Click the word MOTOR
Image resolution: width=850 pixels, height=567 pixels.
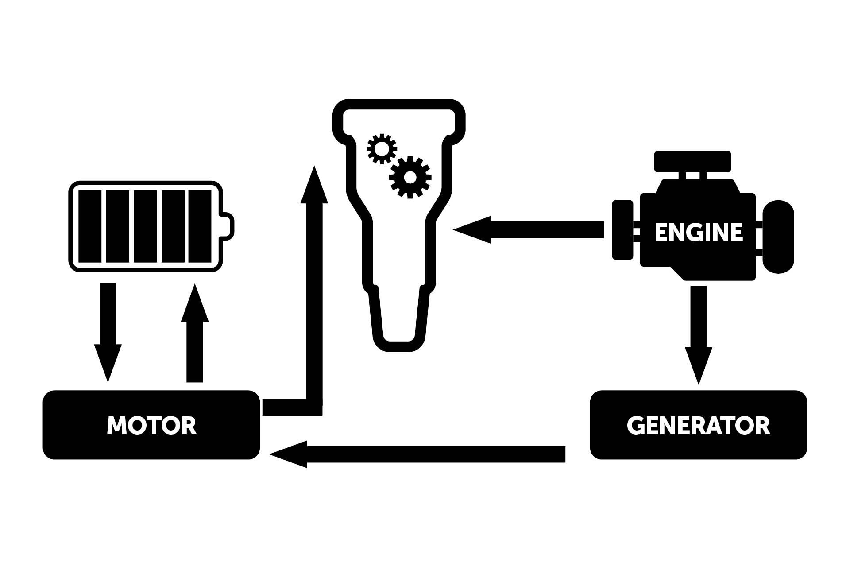pyautogui.click(x=151, y=425)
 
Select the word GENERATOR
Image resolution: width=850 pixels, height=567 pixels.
pyautogui.click(x=698, y=425)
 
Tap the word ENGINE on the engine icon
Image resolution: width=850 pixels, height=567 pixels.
pyautogui.click(x=698, y=233)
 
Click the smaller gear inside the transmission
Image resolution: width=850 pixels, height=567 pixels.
pyautogui.click(x=381, y=149)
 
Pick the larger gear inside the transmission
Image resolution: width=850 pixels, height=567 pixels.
pyautogui.click(x=410, y=177)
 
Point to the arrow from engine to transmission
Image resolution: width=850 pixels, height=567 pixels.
pyautogui.click(x=531, y=230)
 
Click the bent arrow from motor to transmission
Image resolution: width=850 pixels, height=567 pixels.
pyautogui.click(x=314, y=310)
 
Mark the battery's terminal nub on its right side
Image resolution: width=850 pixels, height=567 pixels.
pyautogui.click(x=228, y=226)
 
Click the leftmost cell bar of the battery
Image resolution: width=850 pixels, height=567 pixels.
pyautogui.click(x=90, y=226)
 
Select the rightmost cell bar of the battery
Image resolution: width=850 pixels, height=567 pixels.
pyautogui.click(x=200, y=226)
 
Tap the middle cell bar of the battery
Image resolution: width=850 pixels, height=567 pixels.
pyautogui.click(x=145, y=226)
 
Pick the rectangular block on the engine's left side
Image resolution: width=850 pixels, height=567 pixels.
pyautogui.click(x=622, y=229)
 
